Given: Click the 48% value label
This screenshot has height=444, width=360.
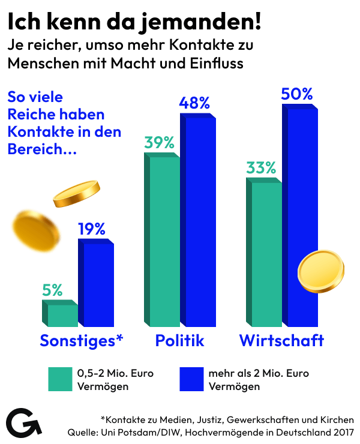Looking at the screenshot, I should [x=194, y=103].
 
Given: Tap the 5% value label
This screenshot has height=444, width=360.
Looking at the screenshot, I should [x=52, y=290].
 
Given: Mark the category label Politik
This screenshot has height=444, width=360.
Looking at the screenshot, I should [x=180, y=341].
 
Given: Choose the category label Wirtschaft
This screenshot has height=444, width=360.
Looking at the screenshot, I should [x=281, y=341].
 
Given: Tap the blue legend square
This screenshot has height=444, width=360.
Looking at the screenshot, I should [x=191, y=379].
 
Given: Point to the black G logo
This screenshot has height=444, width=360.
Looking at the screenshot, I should [x=24, y=423].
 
